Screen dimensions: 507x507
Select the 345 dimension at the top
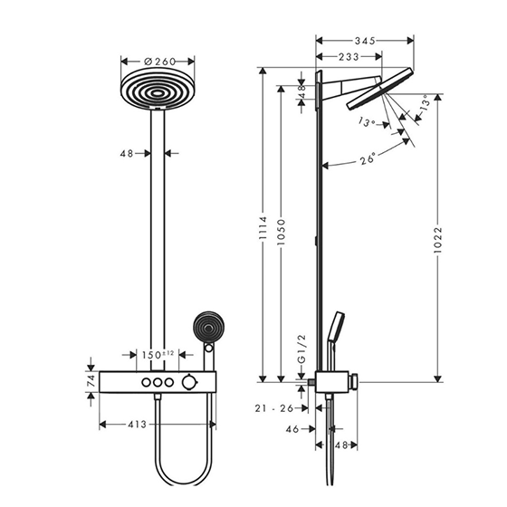(x=365, y=41)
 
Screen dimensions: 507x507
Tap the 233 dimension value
(x=349, y=57)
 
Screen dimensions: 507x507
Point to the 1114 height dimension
(x=263, y=228)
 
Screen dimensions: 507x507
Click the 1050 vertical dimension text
(x=282, y=232)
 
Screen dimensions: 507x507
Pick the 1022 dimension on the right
(x=437, y=240)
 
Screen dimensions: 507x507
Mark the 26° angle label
(x=368, y=158)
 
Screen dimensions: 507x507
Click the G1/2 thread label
(x=301, y=349)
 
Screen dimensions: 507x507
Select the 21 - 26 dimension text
(x=273, y=408)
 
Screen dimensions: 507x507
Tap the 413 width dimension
(x=137, y=425)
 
